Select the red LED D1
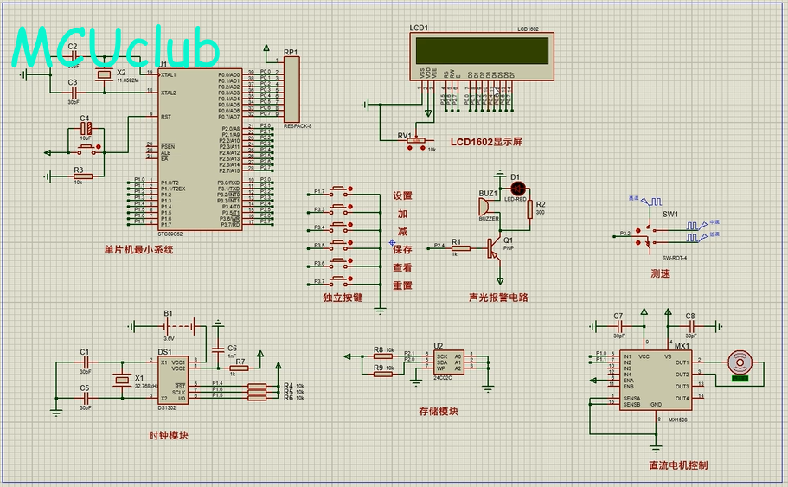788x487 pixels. [517, 188]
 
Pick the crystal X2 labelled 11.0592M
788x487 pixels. [105, 77]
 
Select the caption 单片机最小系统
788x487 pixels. [138, 249]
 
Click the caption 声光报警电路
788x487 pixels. [498, 297]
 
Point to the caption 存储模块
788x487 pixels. [438, 412]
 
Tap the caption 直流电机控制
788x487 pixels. [677, 465]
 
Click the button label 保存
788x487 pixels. [403, 250]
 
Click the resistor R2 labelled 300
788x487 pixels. [529, 210]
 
